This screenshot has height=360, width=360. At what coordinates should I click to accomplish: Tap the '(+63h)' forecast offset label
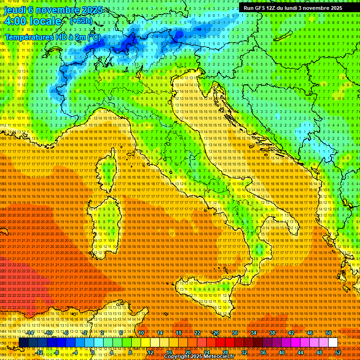[x=81, y=21]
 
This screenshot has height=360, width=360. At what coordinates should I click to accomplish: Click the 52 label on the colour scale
[x=338, y=352]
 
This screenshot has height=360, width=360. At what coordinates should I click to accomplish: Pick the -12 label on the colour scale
[x=40, y=352]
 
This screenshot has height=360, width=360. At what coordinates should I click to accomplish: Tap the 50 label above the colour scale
[x=329, y=333]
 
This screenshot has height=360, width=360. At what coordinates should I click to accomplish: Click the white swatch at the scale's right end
[x=333, y=343]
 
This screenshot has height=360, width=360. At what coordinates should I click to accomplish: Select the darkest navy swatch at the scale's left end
[x=23, y=343]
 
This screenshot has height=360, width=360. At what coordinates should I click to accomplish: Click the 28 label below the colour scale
[x=225, y=352]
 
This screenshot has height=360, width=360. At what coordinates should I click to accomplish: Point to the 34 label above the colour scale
[x=254, y=333]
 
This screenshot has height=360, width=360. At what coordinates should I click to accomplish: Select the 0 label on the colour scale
[x=93, y=352]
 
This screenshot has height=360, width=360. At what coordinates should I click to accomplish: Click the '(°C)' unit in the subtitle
[x=93, y=37]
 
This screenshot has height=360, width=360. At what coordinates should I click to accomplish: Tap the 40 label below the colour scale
[x=282, y=352]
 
